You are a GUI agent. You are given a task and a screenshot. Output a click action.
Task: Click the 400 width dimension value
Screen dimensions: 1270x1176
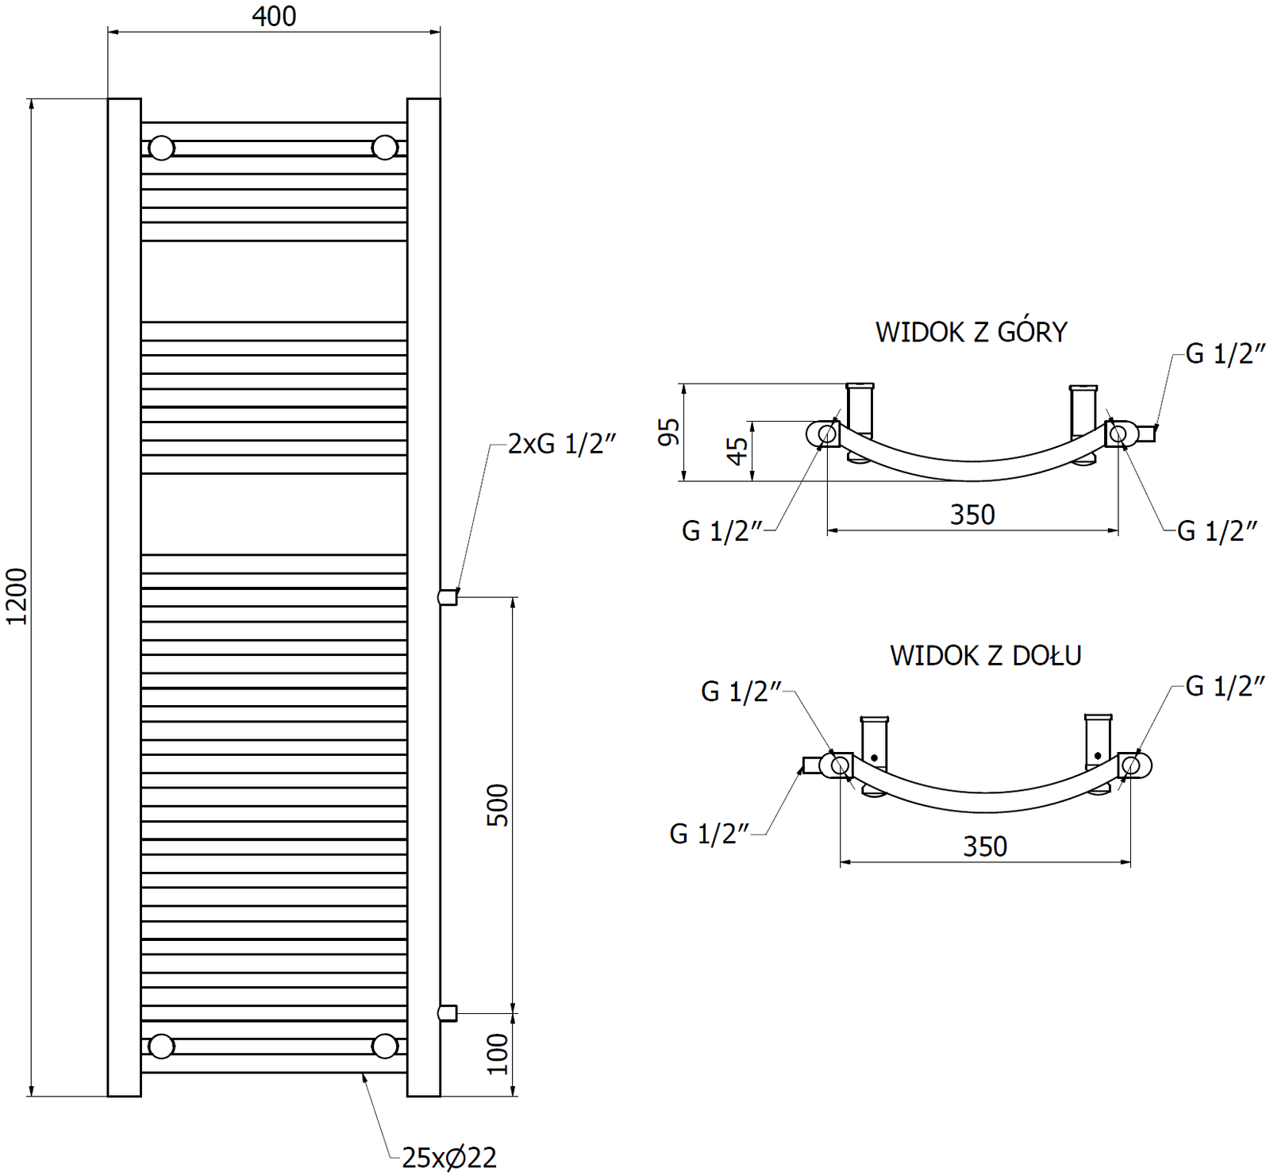coord(274,16)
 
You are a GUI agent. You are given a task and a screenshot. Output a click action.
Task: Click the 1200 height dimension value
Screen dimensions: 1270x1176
coord(17,596)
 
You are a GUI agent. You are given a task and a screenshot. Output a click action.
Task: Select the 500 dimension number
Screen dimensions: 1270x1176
coord(497,805)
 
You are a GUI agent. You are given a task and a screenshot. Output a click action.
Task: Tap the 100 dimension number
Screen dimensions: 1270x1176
coord(497,1054)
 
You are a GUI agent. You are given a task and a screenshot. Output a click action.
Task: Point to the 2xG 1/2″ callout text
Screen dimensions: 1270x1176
coord(562,443)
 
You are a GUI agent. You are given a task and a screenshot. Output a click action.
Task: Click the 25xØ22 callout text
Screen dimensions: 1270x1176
coord(449,1158)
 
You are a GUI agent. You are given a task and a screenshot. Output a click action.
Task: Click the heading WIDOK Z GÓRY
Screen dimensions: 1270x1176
coord(972,332)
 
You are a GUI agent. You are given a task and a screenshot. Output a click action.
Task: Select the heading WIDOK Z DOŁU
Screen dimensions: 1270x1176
coord(986,656)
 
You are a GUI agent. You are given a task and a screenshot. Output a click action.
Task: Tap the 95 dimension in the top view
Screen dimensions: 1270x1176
coord(669,432)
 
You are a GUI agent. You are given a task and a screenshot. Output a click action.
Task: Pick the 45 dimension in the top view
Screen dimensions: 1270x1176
coord(737,451)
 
